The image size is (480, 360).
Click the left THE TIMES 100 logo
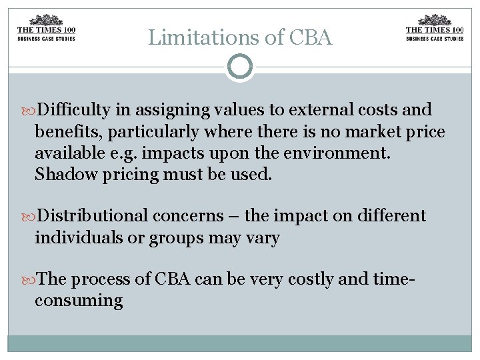click(45, 28)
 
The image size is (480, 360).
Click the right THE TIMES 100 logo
click(435, 28)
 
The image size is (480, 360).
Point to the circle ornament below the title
click(240, 67)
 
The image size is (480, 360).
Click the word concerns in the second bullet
click(189, 216)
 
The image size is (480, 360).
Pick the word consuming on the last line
click(79, 301)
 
